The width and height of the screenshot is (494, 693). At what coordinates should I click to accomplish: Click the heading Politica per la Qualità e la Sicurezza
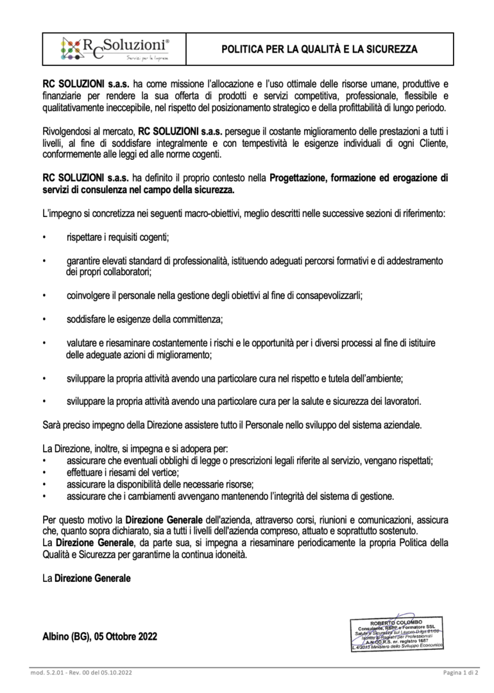[319, 49]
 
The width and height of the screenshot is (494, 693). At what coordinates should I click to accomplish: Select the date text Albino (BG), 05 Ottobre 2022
[99, 637]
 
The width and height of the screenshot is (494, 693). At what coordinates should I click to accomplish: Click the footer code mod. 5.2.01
[46, 672]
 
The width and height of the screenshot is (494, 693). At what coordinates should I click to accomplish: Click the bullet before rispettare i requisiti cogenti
[44, 237]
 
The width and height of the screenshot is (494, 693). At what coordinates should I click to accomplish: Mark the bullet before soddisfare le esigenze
[44, 319]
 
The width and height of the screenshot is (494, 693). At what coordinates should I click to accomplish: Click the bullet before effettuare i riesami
[44, 473]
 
